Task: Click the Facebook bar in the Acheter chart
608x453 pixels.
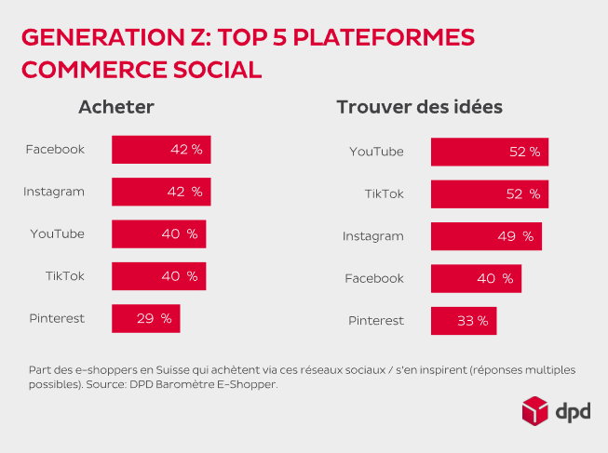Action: (x=161, y=150)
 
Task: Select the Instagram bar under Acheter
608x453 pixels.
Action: (x=161, y=192)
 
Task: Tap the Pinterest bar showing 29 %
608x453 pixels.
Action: (x=145, y=318)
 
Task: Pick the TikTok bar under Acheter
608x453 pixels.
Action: (x=158, y=276)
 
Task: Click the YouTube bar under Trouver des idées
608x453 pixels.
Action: (x=489, y=152)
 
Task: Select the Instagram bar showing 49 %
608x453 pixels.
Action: (x=485, y=236)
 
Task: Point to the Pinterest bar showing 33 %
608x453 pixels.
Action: (x=463, y=321)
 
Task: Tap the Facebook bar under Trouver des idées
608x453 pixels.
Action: (x=475, y=278)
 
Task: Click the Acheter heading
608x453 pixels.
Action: (x=115, y=107)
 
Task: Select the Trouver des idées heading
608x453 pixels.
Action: (x=419, y=107)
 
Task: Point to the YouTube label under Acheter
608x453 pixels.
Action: (x=57, y=233)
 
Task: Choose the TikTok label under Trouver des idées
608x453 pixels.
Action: (x=384, y=193)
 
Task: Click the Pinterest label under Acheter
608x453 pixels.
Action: (x=57, y=318)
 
